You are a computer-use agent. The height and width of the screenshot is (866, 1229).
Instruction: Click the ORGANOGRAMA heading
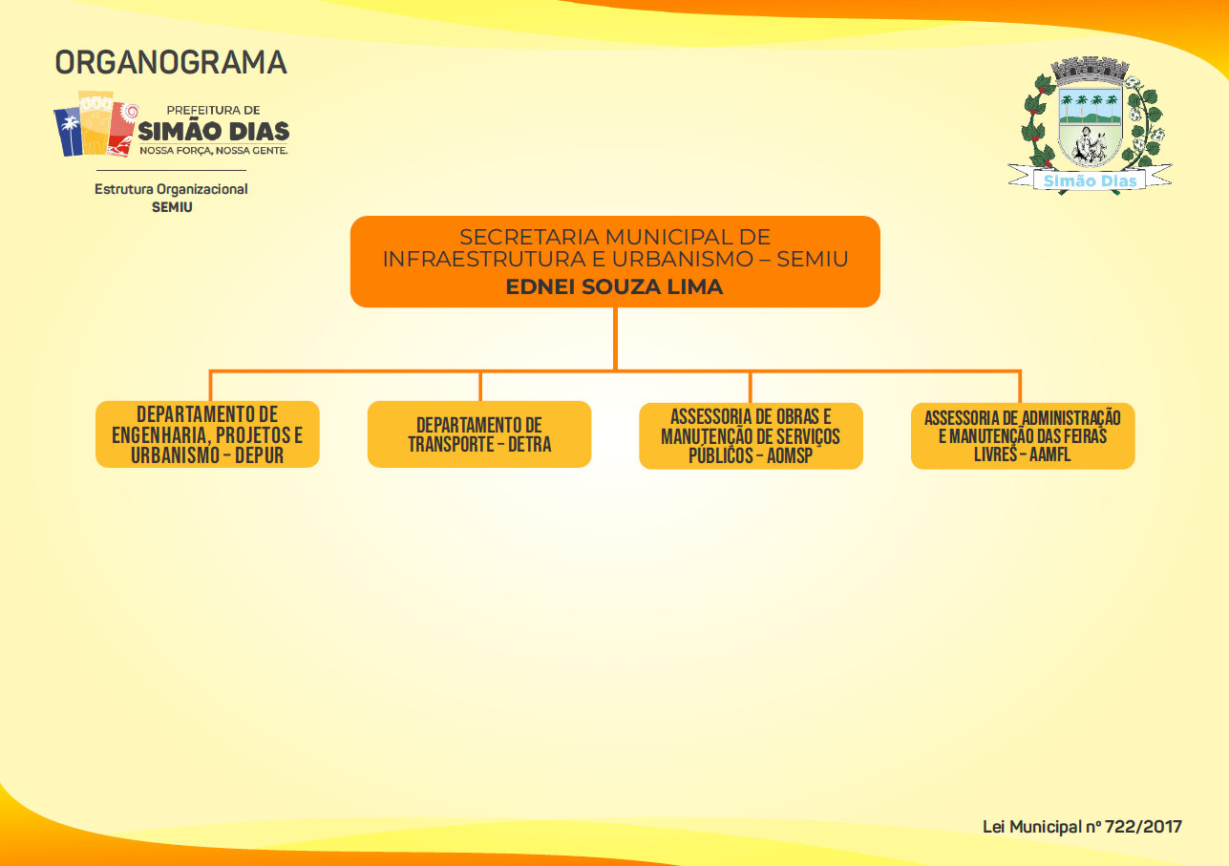[x=171, y=62]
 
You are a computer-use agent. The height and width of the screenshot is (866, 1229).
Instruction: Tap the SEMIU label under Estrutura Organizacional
[x=172, y=207]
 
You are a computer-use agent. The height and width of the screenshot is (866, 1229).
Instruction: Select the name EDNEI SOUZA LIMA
[x=615, y=286]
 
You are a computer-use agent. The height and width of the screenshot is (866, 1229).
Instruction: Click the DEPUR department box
[x=207, y=434]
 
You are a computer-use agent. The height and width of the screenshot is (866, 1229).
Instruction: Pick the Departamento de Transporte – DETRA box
[x=479, y=434]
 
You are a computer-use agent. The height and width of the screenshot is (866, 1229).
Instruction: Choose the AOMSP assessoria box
[x=752, y=436]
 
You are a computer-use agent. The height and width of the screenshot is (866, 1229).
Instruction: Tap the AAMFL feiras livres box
[x=1023, y=436]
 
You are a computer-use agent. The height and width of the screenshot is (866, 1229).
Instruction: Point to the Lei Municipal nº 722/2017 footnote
[x=1082, y=827]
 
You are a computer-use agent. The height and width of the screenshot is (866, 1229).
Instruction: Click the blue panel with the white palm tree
[x=68, y=132]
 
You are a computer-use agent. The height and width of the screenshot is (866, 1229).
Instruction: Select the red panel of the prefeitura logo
[x=122, y=130]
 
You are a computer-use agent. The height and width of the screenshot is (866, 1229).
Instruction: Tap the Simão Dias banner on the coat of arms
[x=1090, y=180]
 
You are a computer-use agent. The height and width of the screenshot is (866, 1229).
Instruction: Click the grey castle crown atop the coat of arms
[x=1090, y=71]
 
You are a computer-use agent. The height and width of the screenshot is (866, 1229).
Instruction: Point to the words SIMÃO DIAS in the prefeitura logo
[x=214, y=132]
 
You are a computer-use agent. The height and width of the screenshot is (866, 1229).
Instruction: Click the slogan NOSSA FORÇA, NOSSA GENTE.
[x=214, y=150]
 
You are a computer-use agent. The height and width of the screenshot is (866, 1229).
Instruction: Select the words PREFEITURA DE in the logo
[x=214, y=110]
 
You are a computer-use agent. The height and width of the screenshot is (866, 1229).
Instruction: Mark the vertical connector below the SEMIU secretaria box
[x=616, y=339]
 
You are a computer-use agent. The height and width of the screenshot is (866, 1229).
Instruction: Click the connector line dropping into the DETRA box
[x=480, y=386]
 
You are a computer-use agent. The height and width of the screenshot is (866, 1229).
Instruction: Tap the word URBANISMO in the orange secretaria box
[x=683, y=259]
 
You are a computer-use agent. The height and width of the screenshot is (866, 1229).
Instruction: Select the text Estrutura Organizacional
[x=171, y=189]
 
